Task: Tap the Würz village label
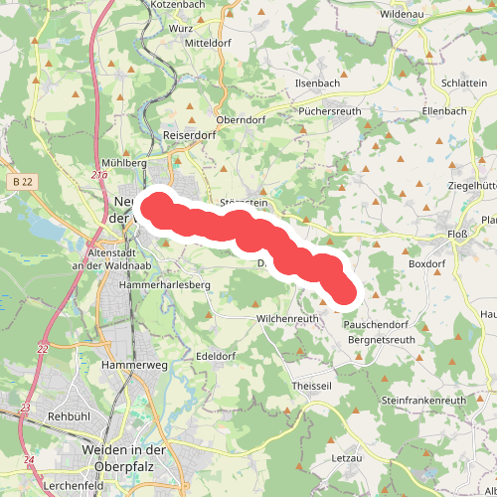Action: (x=181, y=29)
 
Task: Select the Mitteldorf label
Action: (x=208, y=45)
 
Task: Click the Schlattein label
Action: (x=465, y=83)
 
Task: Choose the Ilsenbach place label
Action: (x=318, y=83)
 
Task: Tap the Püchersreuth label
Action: (x=333, y=112)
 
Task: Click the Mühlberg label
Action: (x=124, y=161)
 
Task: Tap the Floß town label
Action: (x=458, y=237)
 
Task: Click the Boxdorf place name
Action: (x=427, y=264)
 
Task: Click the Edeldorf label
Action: (x=215, y=356)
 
